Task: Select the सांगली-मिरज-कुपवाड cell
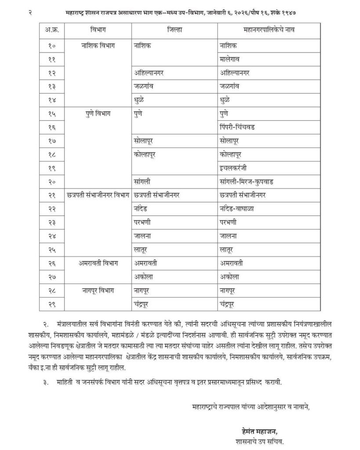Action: [247, 181]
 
